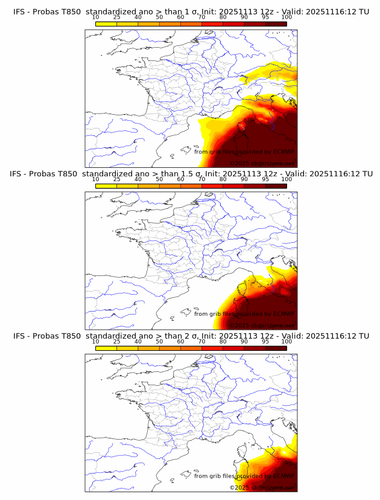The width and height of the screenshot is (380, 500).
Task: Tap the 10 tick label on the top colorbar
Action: point(96,17)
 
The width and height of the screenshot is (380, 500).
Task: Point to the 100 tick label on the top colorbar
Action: point(287,17)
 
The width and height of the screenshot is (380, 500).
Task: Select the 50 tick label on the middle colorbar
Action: point(159,179)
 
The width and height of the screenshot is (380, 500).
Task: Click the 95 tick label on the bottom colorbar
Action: point(265,342)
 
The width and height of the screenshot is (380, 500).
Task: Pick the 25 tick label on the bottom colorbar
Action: point(117,342)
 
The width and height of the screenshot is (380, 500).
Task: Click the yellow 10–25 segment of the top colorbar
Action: point(106,24)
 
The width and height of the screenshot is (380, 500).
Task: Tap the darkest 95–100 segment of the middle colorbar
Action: point(276,186)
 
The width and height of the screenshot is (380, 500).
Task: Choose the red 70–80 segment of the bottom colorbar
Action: point(212,348)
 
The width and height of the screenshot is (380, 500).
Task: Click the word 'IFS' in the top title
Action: point(20,11)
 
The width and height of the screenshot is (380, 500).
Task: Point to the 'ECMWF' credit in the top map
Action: point(283,152)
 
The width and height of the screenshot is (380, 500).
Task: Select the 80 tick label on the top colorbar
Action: point(223,17)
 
